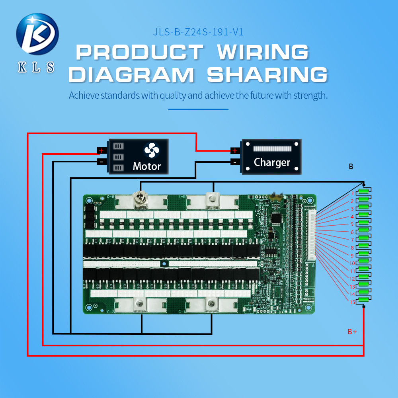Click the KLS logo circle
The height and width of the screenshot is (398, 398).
[37, 34]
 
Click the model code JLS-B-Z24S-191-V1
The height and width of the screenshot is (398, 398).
[198, 32]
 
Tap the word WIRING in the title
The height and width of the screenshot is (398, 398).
[263, 52]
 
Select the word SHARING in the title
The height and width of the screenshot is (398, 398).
[267, 75]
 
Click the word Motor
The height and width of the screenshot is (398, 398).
[147, 166]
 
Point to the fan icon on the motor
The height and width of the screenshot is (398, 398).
[152, 151]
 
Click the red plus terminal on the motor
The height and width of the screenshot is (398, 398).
[101, 151]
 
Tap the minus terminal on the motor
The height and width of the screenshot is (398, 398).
[101, 162]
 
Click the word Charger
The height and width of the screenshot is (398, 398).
[272, 162]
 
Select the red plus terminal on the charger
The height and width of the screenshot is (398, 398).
[235, 150]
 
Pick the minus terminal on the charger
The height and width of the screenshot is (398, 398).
[235, 162]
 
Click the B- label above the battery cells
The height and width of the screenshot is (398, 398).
[352, 167]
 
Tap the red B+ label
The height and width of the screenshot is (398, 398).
[352, 332]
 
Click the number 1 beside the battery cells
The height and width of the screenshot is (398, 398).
[352, 193]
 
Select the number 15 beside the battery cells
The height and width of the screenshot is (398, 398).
[352, 302]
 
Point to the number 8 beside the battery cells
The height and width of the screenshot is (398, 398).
[352, 248]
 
